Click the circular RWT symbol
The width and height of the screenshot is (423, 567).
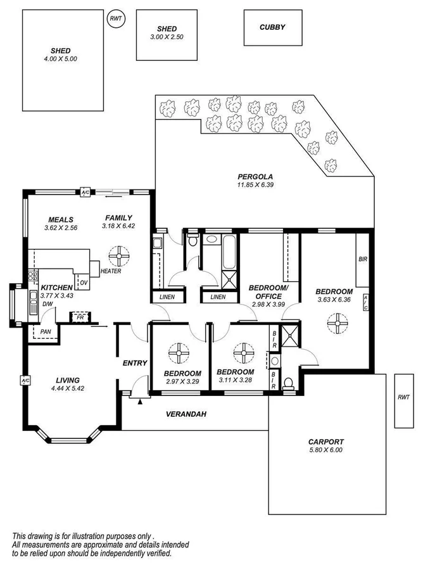tap(116, 18)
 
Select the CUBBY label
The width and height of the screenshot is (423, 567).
tap(272, 27)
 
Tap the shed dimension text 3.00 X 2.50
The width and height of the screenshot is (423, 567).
tap(167, 37)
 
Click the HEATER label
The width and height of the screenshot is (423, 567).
tap(111, 271)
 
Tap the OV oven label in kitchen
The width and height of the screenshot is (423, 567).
tap(83, 283)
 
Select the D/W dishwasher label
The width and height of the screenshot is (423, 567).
tap(47, 304)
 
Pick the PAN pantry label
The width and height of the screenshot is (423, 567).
tap(45, 331)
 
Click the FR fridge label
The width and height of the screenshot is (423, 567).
tap(80, 316)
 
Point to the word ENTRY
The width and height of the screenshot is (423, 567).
tap(134, 364)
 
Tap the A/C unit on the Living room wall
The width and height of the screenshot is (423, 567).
tap(25, 381)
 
